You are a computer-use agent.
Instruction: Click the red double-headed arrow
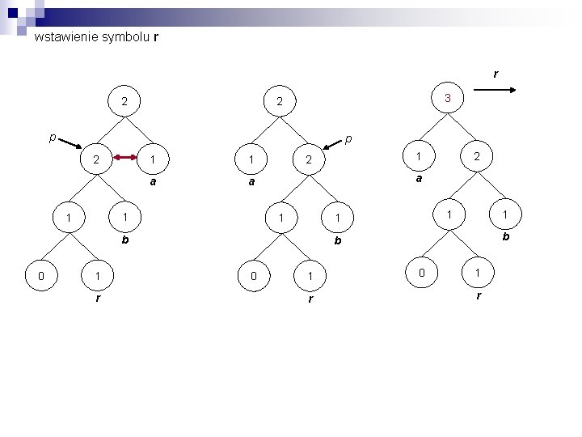point(124,159)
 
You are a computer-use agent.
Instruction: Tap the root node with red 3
point(447,99)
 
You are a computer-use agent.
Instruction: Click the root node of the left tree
point(124,103)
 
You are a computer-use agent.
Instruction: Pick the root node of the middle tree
point(279,103)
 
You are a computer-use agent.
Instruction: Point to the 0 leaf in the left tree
point(41,277)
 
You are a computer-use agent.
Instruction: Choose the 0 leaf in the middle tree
point(255,277)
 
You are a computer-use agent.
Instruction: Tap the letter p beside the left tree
point(52,137)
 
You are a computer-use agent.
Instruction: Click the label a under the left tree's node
point(153,183)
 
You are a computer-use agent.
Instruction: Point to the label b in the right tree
point(505,237)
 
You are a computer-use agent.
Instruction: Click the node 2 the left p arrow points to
point(96,160)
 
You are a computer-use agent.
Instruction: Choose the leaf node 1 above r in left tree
point(98,277)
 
